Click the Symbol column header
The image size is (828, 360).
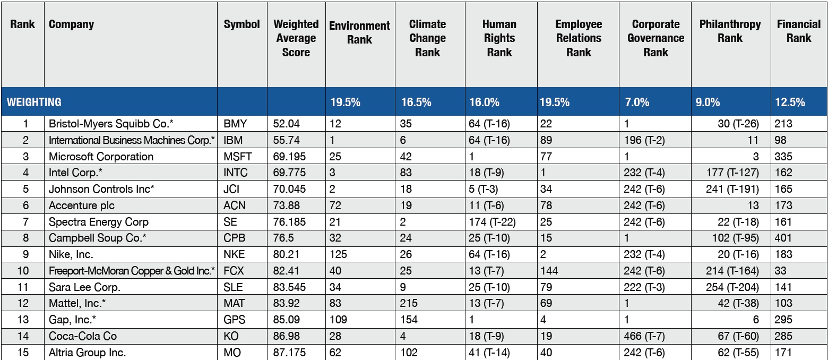241,24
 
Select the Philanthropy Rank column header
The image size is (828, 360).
730,31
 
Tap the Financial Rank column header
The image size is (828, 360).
798,31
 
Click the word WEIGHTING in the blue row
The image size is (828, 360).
34,102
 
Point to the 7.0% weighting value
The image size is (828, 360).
637,102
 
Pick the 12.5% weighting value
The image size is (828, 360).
790,102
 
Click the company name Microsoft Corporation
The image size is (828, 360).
101,157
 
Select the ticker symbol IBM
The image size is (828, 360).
233,141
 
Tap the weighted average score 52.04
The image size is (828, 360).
287,124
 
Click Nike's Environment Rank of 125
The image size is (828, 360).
338,254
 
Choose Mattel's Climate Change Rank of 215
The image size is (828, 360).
409,303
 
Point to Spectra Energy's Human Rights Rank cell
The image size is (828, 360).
492,222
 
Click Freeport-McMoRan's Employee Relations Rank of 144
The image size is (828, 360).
549,271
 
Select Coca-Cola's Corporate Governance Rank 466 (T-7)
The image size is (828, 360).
644,336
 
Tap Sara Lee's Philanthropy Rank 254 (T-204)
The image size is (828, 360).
732,287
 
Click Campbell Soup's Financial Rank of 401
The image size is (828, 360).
783,238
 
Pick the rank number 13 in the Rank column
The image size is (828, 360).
23,319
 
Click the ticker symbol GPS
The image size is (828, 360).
235,319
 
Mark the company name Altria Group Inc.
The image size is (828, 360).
87,353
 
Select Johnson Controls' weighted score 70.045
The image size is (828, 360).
289,189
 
